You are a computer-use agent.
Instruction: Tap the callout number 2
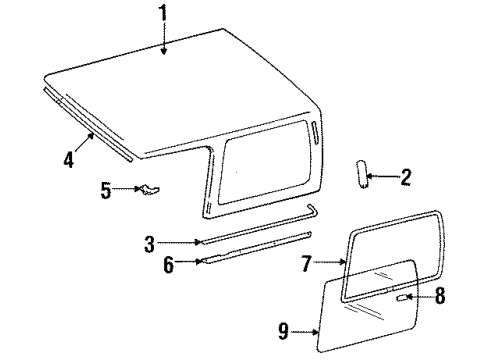point(405,179)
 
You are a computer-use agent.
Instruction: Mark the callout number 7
point(307,265)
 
